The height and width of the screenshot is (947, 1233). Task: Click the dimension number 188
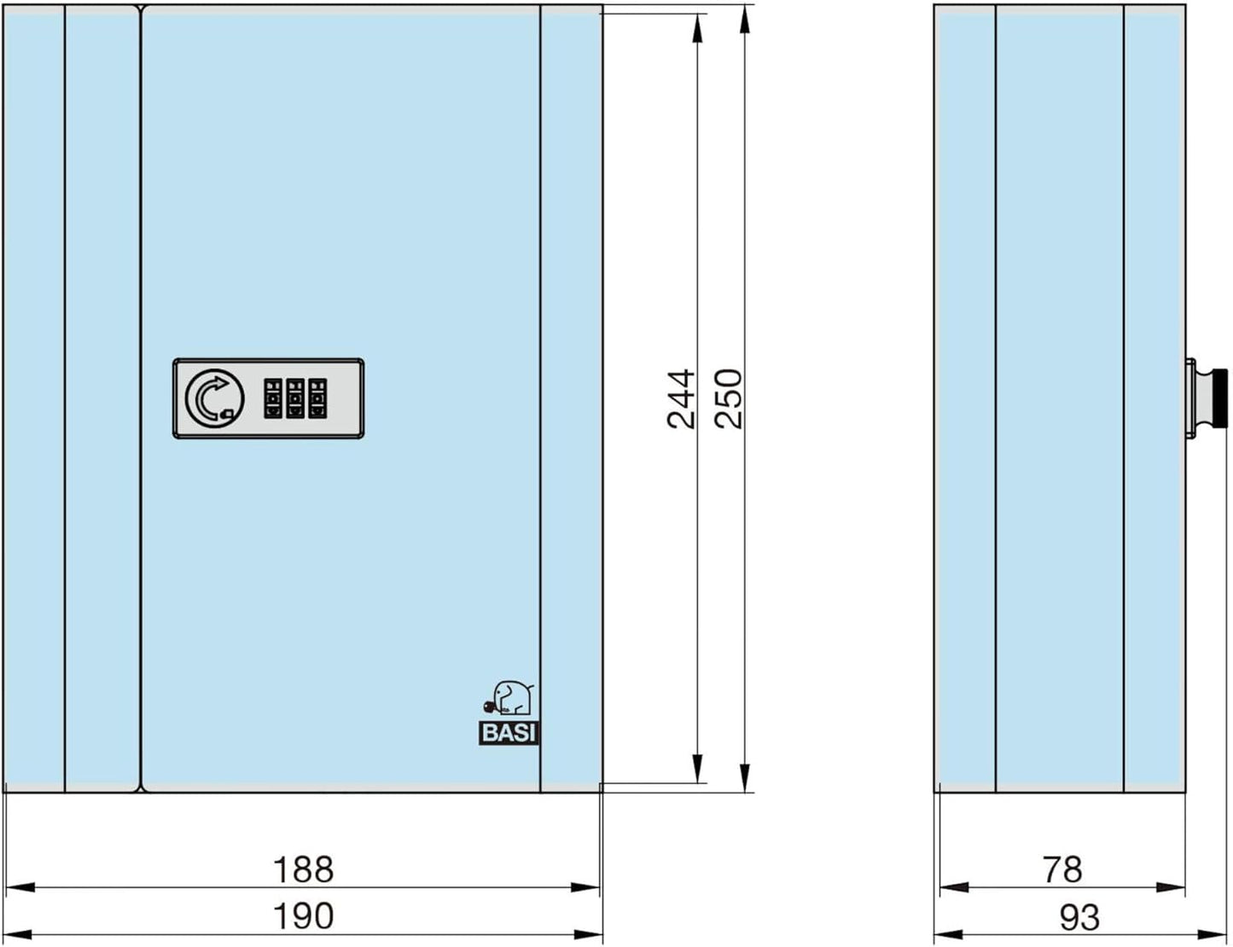[304, 869]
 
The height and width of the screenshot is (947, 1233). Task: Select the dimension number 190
[304, 915]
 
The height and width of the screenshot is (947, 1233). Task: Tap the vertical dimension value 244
[681, 398]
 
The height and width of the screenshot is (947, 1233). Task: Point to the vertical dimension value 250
[729, 398]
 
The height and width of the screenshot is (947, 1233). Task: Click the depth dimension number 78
[1062, 869]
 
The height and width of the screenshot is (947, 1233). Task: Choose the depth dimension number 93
[1079, 917]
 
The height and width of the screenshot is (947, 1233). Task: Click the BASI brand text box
[509, 733]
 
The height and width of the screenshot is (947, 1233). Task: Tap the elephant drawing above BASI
[509, 698]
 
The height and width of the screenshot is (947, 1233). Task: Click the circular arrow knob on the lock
[214, 398]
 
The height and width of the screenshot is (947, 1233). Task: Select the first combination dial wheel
[273, 398]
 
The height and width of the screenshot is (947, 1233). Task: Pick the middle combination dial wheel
[295, 398]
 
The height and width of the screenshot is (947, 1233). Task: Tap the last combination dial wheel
[317, 398]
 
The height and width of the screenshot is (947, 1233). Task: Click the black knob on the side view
[1220, 398]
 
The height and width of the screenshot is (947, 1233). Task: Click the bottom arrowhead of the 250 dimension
[745, 777]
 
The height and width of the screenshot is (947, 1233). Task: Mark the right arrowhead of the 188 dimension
[585, 887]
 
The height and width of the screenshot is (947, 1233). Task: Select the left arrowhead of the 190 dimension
[18, 934]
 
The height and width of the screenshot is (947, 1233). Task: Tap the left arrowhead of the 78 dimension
[954, 887]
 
